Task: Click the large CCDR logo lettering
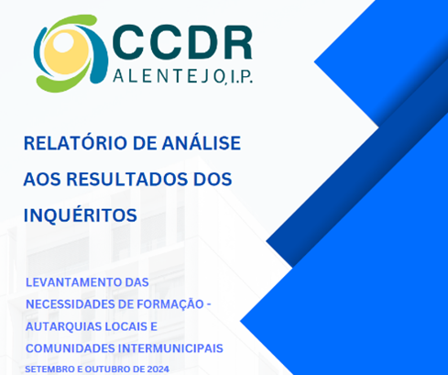(182, 42)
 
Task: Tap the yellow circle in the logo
(66, 52)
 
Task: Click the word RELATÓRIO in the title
(74, 142)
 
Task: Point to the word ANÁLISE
(202, 142)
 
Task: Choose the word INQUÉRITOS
(81, 215)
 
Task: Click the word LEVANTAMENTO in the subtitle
(73, 282)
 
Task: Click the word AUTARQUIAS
(63, 326)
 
